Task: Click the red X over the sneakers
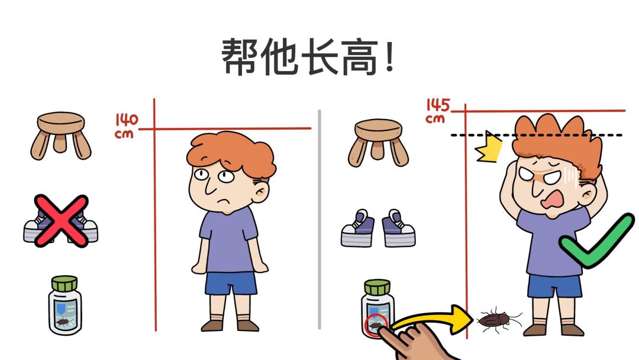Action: click(61, 221)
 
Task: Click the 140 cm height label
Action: click(126, 126)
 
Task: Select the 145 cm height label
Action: click(437, 111)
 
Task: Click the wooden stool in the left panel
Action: click(61, 135)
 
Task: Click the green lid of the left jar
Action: click(64, 283)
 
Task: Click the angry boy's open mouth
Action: click(554, 201)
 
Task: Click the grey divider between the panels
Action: click(319, 219)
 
